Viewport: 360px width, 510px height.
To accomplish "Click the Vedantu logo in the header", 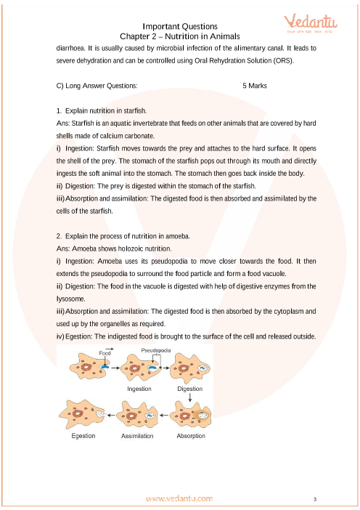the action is (x=311, y=23).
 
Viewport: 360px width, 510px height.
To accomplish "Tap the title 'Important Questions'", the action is (x=180, y=26).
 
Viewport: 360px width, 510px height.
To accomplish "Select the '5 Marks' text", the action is (x=255, y=86).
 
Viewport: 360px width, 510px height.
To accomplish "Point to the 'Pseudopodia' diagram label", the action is (x=156, y=350).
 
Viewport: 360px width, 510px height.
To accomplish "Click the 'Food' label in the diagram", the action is (x=105, y=353).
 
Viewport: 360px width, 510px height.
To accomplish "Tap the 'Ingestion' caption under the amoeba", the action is (x=139, y=389).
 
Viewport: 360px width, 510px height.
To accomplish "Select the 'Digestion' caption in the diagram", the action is (x=189, y=389).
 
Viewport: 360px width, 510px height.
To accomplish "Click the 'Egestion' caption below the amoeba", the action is (x=83, y=436).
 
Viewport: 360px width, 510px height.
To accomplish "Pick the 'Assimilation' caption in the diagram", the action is (x=137, y=436).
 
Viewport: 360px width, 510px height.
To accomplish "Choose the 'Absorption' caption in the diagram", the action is (x=191, y=436).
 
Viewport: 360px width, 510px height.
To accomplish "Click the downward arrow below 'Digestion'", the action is (x=189, y=397).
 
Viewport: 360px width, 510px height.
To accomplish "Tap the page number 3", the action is (x=315, y=499).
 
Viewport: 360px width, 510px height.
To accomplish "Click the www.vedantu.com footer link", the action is (x=179, y=498).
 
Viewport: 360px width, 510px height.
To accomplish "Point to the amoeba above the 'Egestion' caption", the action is (x=82, y=415).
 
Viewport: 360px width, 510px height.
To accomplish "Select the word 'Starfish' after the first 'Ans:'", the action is (x=82, y=124).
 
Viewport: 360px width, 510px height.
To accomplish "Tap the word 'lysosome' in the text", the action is (x=66, y=299).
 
